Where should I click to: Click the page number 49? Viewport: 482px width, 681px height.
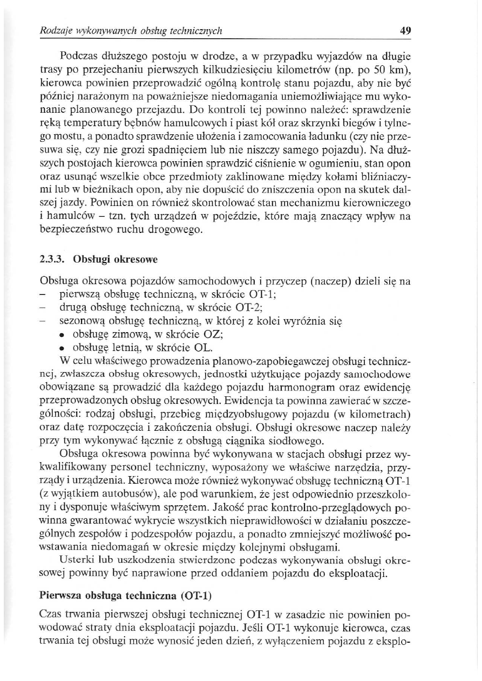click(406, 31)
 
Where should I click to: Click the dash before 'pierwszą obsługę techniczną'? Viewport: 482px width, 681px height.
click(44, 294)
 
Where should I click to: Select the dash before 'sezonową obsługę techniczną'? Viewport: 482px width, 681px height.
click(44, 321)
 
